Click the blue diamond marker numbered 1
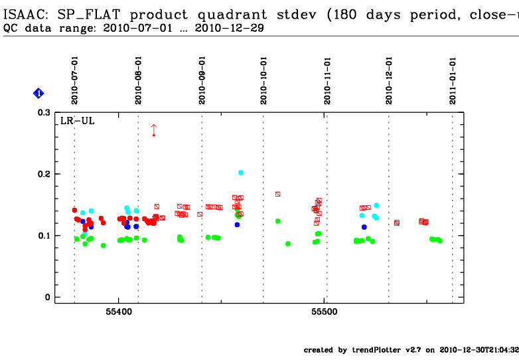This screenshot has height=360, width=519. [x=38, y=94]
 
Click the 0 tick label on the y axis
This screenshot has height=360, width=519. [x=47, y=298]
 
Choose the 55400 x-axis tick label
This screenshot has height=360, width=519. [x=119, y=311]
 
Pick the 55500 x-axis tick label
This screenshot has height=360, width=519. [x=325, y=311]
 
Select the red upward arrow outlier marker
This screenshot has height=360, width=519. [x=153, y=129]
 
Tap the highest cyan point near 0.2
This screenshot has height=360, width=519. [x=241, y=173]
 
